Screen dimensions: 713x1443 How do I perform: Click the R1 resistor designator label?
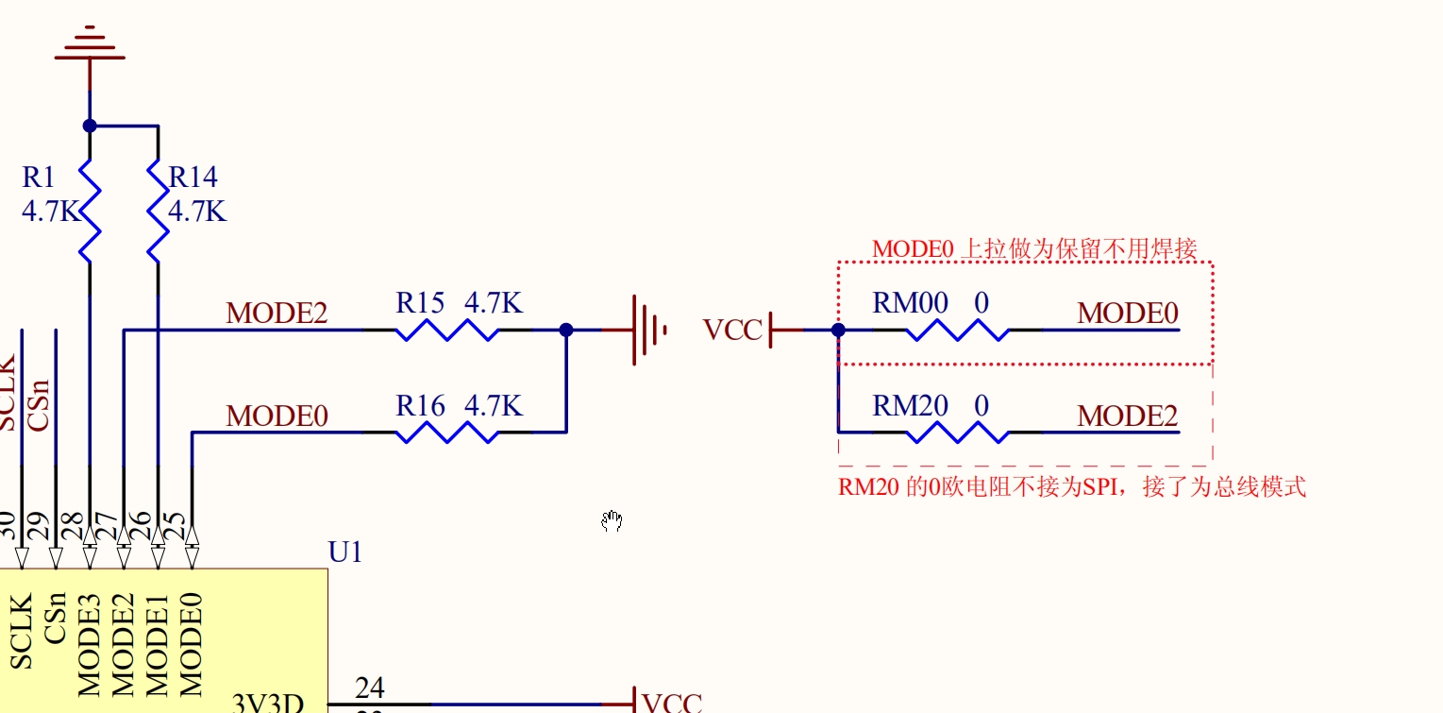pos(39,177)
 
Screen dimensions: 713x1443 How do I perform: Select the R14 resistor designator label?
pos(193,177)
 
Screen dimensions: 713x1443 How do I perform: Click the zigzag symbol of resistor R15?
pos(447,330)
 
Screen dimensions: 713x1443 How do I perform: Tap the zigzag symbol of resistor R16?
pos(447,432)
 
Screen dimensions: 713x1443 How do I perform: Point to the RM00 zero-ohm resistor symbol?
pos(957,330)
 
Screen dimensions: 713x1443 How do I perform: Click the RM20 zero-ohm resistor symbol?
pos(957,432)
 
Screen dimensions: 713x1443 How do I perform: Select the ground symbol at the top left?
pos(90,45)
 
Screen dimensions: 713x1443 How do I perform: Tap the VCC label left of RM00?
pos(732,330)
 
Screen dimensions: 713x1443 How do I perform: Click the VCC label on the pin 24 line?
pos(672,703)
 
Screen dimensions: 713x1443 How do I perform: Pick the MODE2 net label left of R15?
pos(277,314)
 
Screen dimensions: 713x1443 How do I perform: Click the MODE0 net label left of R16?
pos(277,416)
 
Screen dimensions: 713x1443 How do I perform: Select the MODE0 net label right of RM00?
pos(1128,314)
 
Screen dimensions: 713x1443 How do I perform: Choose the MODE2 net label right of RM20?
pos(1128,416)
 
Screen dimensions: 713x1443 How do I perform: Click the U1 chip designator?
pos(345,552)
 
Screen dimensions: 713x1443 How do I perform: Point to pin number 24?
pos(369,688)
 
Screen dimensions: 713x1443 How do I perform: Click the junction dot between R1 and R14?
pos(90,126)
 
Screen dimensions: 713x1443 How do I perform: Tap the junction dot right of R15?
pos(566,330)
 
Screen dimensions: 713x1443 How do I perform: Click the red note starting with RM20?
pos(1072,487)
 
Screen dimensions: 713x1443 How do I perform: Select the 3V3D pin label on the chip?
pos(268,703)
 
